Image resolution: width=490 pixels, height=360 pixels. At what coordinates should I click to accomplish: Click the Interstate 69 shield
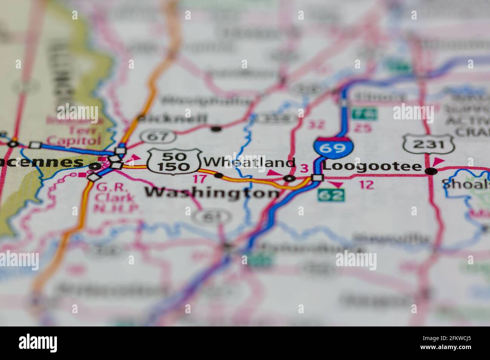coord(333,147)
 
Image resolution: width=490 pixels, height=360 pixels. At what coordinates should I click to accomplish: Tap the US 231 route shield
coord(428,143)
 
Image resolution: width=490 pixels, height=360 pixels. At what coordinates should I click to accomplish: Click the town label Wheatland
coord(249,162)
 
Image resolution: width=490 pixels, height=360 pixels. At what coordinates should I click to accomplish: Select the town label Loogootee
coord(372,166)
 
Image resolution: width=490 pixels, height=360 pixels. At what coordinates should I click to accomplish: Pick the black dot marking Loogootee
coord(431,172)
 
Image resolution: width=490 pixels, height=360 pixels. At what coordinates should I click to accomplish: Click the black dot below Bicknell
coord(216,129)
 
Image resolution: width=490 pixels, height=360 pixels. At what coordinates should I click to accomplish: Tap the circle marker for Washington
coord(289,178)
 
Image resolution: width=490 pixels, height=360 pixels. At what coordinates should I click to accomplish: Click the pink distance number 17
coord(200,179)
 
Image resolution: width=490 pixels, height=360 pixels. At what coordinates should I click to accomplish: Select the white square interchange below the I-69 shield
coord(318,178)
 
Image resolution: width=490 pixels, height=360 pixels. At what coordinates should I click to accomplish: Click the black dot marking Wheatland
coord(218,175)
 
